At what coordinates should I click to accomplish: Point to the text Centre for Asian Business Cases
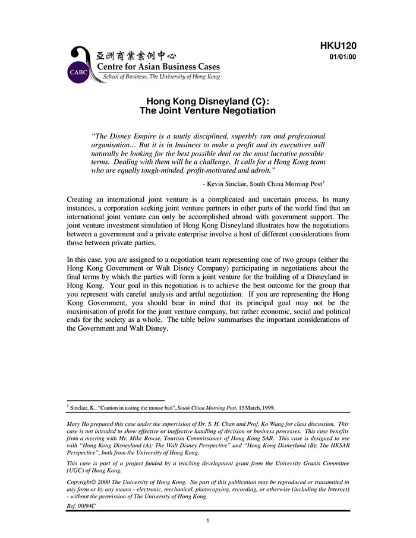tap(158, 67)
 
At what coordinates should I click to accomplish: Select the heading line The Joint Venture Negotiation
tap(207, 110)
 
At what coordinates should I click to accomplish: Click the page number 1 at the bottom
tap(207, 521)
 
